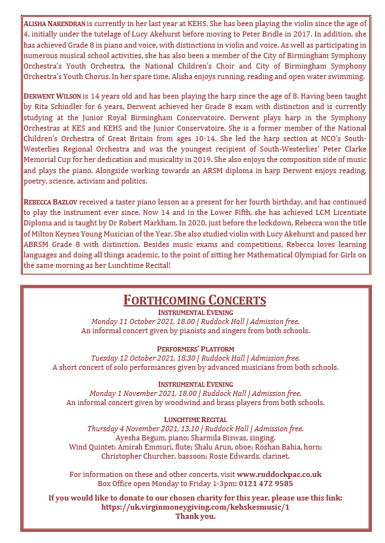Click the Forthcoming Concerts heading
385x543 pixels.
(195, 300)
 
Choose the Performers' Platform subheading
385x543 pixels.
(195, 349)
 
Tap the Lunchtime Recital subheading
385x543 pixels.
(195, 420)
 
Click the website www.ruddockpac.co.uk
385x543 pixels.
(279, 474)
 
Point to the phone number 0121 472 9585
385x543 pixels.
(265, 483)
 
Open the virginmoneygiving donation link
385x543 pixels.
(195, 506)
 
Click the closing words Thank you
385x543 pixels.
(195, 516)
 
